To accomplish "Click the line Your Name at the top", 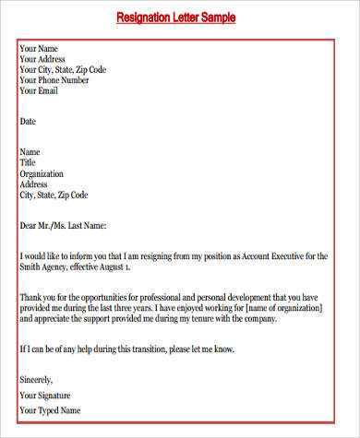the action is [x=39, y=47].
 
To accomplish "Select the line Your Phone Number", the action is [x=54, y=80].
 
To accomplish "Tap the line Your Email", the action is [x=40, y=91].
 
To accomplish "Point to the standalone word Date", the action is [x=28, y=121].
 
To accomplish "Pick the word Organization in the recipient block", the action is [x=43, y=173].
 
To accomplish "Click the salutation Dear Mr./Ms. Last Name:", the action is [x=64, y=224].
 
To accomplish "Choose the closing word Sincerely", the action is [x=36, y=378].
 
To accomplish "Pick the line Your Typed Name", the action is [x=50, y=410].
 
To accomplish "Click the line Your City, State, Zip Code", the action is [x=63, y=69].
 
